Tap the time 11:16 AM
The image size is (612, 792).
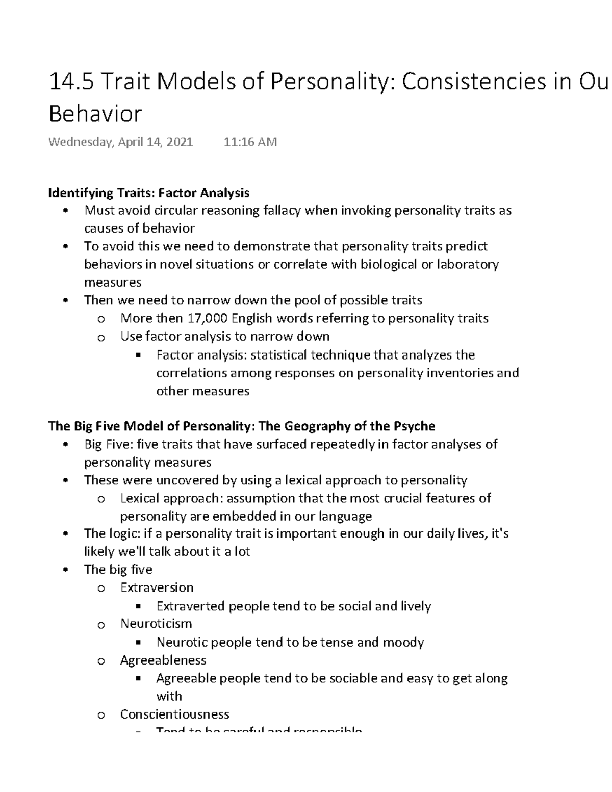(x=250, y=142)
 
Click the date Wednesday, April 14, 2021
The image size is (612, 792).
(x=120, y=142)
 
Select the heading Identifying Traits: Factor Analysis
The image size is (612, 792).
(x=148, y=193)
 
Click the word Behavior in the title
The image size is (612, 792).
(x=95, y=114)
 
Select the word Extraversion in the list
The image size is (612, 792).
(x=157, y=587)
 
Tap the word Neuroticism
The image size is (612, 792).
(x=156, y=624)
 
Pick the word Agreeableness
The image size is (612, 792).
(x=163, y=660)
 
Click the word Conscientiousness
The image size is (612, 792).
(x=174, y=714)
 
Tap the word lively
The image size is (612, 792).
(x=416, y=606)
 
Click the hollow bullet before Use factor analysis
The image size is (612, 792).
(x=100, y=338)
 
